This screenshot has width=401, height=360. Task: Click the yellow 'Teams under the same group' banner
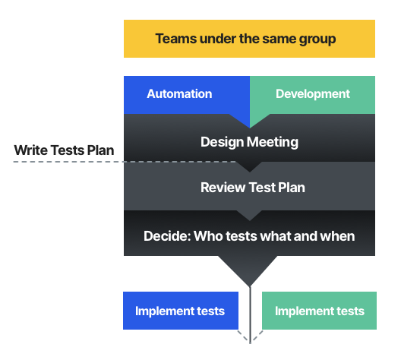tap(249, 39)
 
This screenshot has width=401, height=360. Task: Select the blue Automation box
tap(187, 95)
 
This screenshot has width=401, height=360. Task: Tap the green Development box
tap(312, 95)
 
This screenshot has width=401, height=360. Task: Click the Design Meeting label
tap(249, 142)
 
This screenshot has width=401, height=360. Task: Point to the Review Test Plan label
tap(253, 188)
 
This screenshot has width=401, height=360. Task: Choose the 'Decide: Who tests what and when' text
tap(249, 235)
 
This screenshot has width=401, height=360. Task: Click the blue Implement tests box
tap(181, 311)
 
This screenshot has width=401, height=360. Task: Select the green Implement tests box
tap(319, 311)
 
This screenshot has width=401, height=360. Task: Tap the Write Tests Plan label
tap(64, 150)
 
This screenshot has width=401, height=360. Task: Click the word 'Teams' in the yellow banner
tap(176, 39)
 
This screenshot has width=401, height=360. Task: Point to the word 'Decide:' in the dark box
tap(167, 235)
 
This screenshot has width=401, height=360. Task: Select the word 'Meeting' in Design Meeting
tap(273, 142)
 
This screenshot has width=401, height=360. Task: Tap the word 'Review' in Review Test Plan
tap(223, 188)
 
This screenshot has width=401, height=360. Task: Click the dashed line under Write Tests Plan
tap(125, 162)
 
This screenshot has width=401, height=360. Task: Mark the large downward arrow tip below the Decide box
tap(250, 286)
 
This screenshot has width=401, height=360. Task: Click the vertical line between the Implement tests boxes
tap(250, 315)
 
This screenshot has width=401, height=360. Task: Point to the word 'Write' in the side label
tap(30, 150)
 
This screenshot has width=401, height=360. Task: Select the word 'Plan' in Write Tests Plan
tap(100, 150)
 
